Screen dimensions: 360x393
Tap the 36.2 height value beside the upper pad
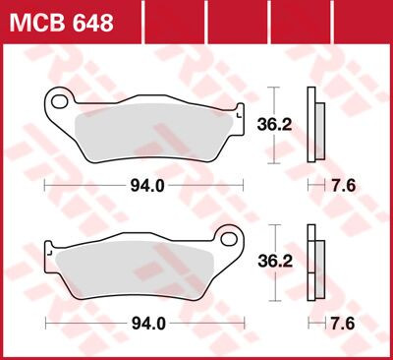click(x=281, y=125)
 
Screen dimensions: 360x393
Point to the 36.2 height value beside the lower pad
click(x=281, y=263)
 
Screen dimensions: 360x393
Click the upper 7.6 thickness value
click(x=343, y=185)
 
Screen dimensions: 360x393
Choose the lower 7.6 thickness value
click(x=343, y=322)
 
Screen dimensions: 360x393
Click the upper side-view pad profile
click(x=313, y=124)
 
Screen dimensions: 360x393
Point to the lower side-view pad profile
click(x=313, y=262)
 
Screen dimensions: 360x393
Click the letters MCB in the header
click(x=39, y=21)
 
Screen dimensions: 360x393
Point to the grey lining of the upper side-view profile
click(x=319, y=124)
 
